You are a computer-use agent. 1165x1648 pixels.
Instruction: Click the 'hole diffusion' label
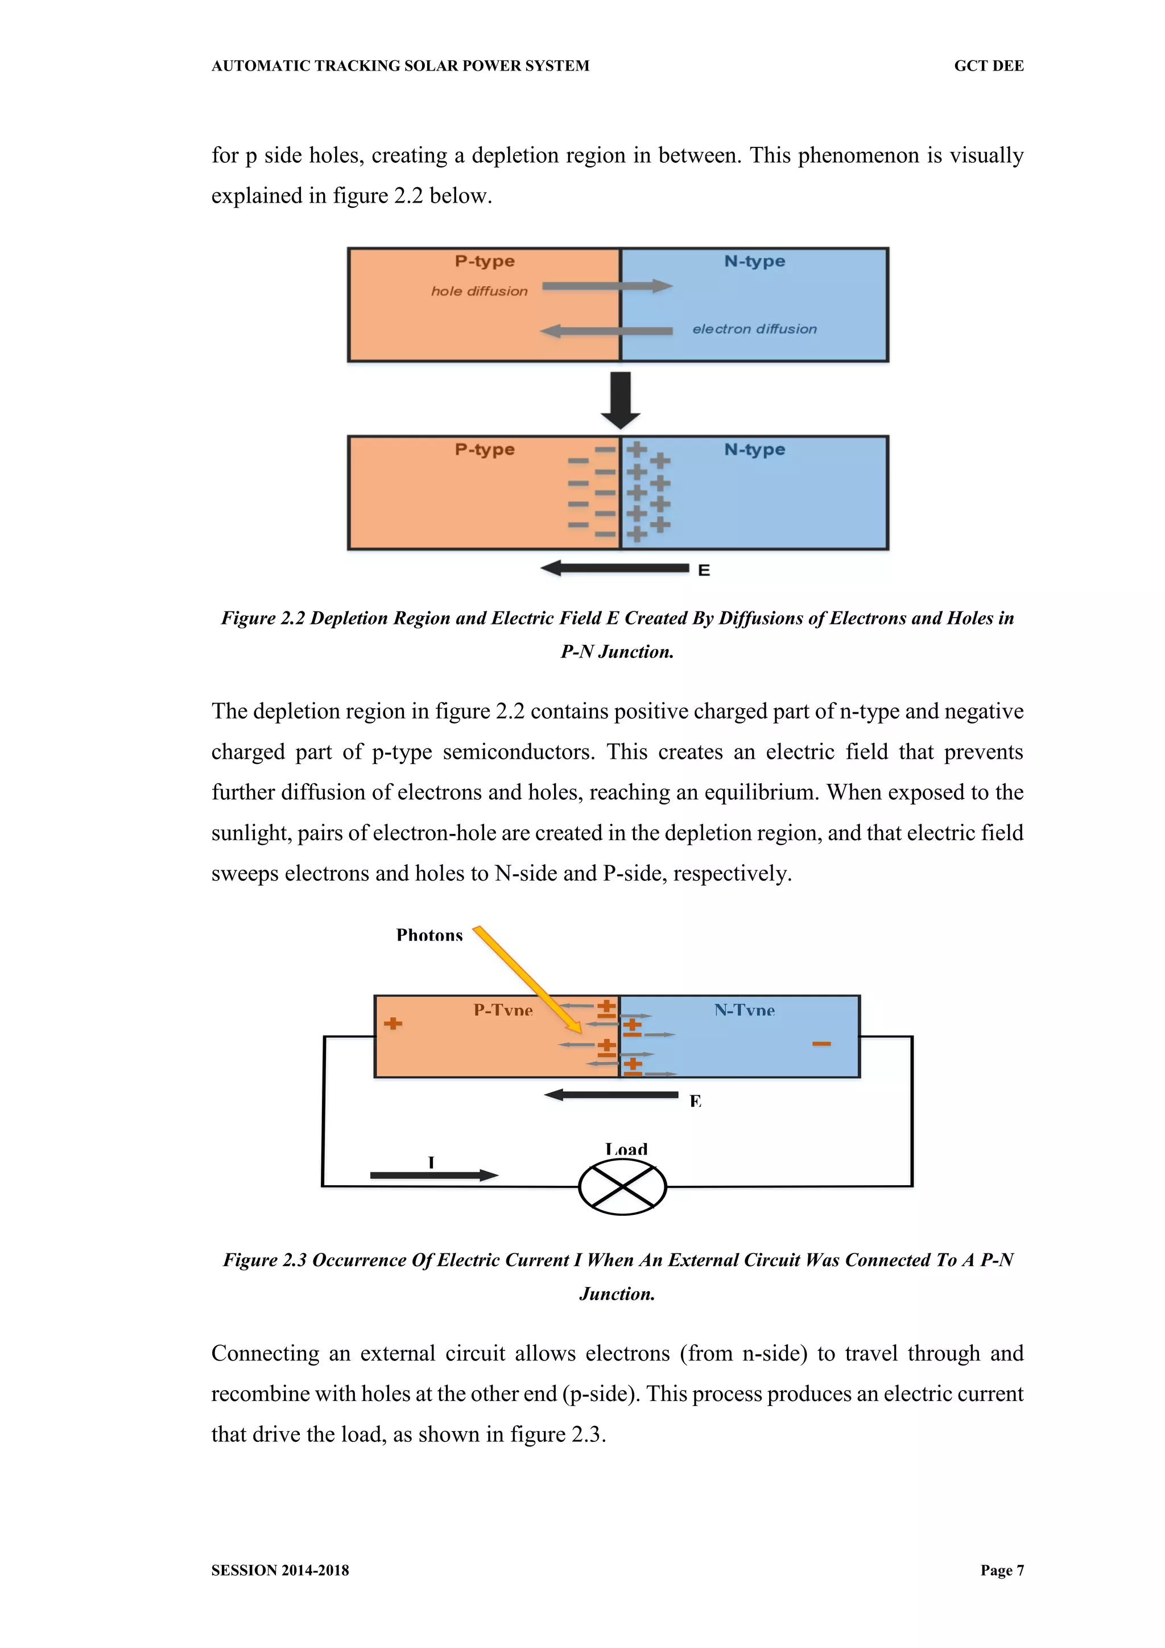(x=479, y=291)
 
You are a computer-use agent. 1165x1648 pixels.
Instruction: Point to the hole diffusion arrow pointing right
(x=607, y=286)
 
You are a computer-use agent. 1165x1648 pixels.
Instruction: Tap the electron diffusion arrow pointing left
(x=606, y=331)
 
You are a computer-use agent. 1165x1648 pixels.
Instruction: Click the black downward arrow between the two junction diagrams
(x=621, y=400)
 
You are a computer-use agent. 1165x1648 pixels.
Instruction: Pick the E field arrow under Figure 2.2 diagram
(x=615, y=569)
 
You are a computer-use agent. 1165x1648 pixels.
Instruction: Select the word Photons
(x=429, y=935)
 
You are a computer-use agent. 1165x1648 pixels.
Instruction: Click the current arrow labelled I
(x=434, y=1175)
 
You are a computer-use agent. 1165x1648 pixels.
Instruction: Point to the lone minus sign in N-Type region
(x=821, y=1043)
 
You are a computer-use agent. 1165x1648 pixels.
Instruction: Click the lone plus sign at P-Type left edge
(x=393, y=1024)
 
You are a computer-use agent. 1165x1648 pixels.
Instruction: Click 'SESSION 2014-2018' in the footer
(x=280, y=1570)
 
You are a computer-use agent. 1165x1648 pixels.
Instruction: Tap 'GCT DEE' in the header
(x=989, y=66)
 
